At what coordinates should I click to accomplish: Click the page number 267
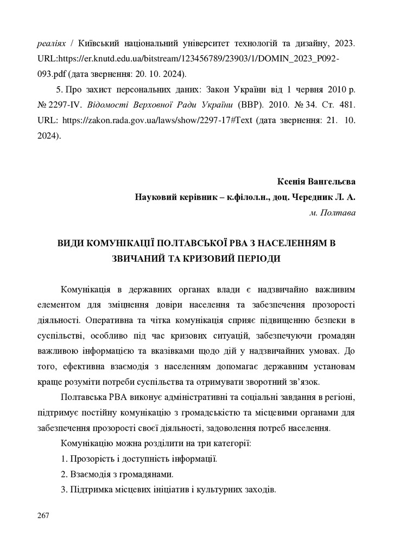[x=43, y=515]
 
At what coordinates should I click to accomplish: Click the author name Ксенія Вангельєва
[x=316, y=181]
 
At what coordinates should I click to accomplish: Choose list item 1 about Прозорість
[x=139, y=459]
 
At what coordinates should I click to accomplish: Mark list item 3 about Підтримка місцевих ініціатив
[x=168, y=490]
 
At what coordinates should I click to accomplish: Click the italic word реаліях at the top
[x=53, y=42]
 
